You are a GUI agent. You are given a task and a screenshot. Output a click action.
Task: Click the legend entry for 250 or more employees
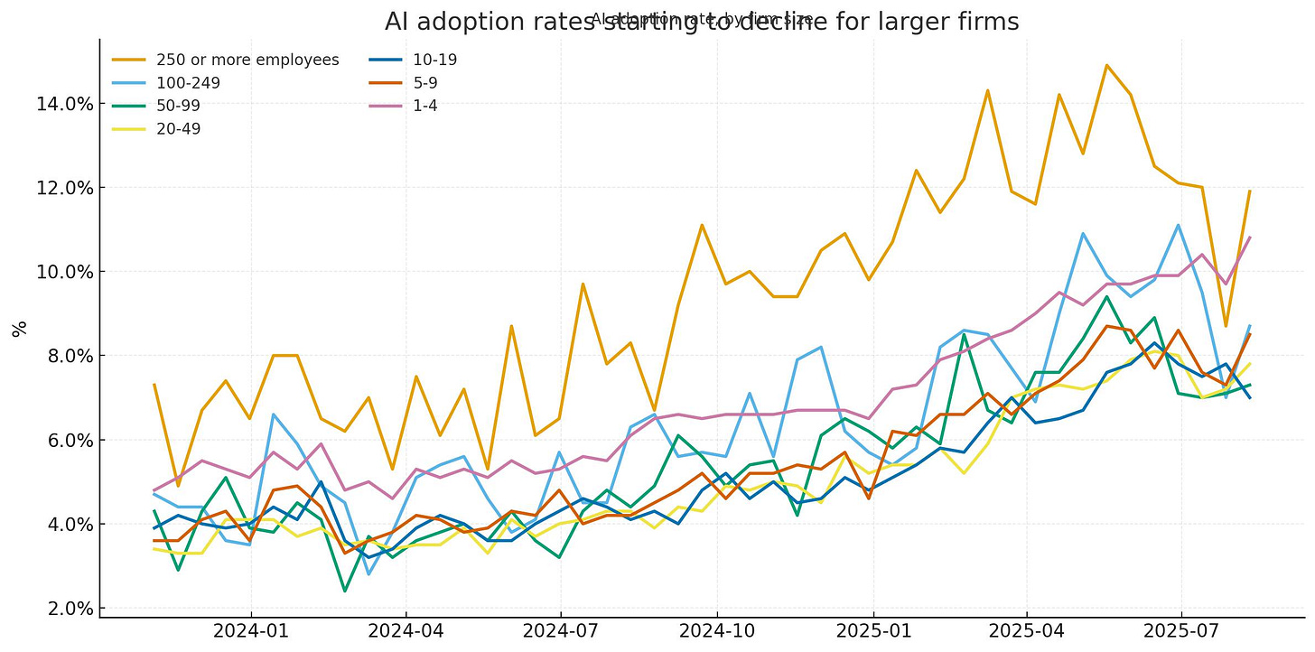coord(247,61)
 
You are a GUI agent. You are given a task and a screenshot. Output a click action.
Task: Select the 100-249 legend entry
coord(188,83)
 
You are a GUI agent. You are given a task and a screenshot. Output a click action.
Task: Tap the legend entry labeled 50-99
coord(179,106)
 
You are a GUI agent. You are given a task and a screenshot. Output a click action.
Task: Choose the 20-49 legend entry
coord(179,128)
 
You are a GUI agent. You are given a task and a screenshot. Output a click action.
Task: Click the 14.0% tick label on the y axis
coord(64,104)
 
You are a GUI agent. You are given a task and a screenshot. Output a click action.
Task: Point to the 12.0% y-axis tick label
coord(64,188)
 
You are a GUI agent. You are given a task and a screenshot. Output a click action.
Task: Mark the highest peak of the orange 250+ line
coord(1106,65)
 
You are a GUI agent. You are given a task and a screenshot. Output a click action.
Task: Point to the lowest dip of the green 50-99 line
coord(345,591)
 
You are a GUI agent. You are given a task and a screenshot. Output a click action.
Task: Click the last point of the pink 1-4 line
coord(1249,238)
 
